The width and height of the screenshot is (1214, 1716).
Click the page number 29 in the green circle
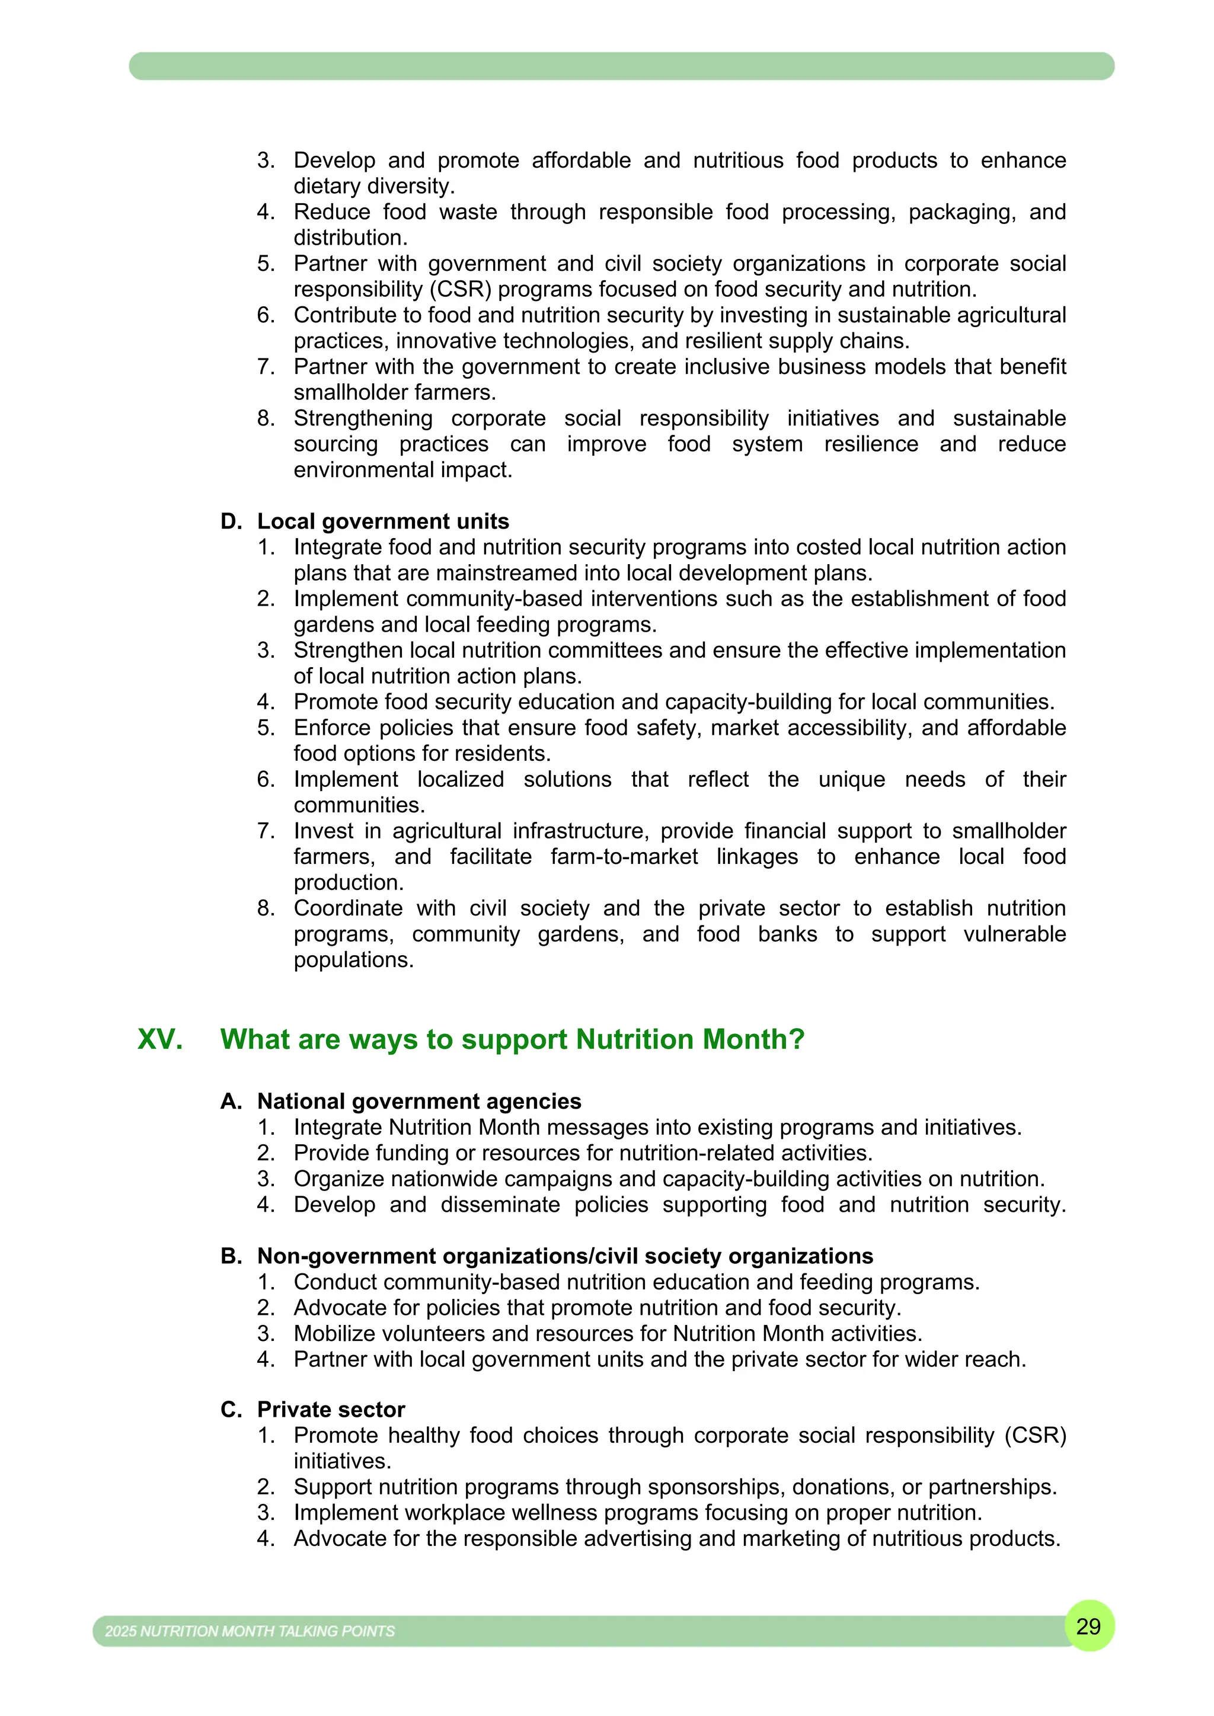click(x=1088, y=1627)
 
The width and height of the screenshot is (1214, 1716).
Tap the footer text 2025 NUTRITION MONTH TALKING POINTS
click(x=250, y=1631)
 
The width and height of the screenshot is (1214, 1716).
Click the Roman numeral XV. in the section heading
click(x=160, y=1040)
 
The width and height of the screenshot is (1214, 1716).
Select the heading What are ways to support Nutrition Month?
click(x=512, y=1040)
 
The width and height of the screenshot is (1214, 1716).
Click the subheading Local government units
click(x=383, y=521)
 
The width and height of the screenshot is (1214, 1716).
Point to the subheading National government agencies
click(x=418, y=1101)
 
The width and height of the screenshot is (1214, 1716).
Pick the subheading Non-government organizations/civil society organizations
click(x=565, y=1256)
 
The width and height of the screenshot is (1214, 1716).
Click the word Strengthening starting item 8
click(x=363, y=418)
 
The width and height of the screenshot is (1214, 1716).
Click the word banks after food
click(x=787, y=934)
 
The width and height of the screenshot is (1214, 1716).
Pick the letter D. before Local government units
click(x=231, y=521)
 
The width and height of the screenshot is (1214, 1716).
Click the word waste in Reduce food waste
click(x=468, y=212)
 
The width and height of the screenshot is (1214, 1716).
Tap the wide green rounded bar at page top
click(x=621, y=66)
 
